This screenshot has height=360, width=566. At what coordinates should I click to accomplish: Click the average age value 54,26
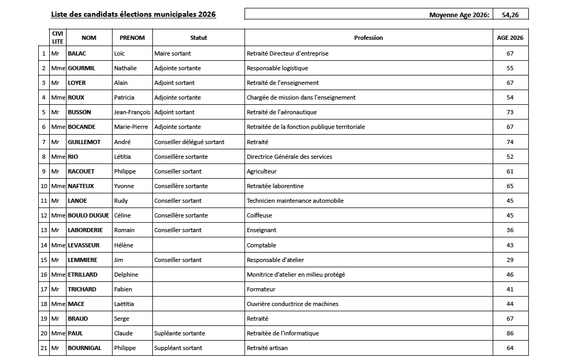coord(510,15)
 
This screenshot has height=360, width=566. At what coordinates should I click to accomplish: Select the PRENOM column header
coord(132,38)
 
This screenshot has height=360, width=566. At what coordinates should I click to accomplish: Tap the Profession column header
coord(368,38)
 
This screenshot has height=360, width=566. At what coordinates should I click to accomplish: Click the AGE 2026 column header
coord(510,38)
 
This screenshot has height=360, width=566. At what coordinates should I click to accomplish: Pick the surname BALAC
coord(77,53)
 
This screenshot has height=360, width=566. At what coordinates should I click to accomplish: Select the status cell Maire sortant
coord(172,53)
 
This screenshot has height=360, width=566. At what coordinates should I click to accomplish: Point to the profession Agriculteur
coord(261,171)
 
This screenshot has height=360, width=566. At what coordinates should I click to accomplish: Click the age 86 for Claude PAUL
coord(510,333)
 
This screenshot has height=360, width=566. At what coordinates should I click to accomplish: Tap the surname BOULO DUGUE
coord(88,215)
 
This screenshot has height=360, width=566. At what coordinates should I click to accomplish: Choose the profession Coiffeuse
coord(259,215)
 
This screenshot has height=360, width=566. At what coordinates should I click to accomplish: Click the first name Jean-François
coord(132,112)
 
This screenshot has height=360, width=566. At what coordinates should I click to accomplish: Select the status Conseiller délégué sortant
coord(189,142)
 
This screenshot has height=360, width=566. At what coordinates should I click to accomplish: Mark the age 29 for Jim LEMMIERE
coord(510,260)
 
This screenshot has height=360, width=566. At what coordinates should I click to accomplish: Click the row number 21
coord(43,348)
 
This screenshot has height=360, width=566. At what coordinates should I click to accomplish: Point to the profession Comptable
coord(261,245)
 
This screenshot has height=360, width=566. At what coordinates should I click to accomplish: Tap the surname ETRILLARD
coord(83,275)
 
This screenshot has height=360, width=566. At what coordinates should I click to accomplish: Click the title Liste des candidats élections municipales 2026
coord(133,14)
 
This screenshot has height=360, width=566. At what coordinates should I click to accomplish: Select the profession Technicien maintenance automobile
coord(295,201)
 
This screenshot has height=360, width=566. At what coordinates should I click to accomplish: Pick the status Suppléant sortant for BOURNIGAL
coord(178,348)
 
